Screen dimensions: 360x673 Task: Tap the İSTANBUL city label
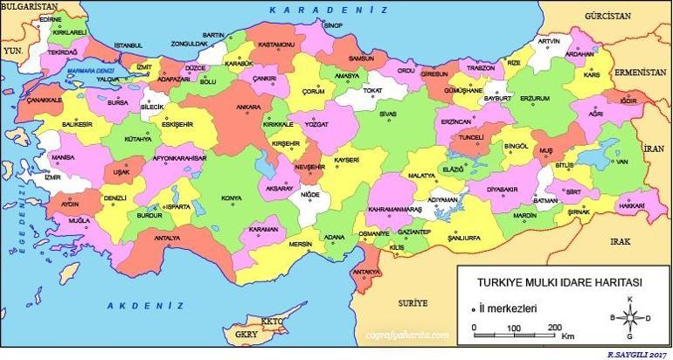click(128, 45)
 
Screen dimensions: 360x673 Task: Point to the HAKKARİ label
click(631, 204)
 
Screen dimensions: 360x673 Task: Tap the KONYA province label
click(232, 198)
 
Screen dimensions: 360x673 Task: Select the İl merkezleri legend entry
click(510, 308)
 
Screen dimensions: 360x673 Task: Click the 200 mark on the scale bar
click(554, 327)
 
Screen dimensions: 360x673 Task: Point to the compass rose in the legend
click(628, 318)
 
